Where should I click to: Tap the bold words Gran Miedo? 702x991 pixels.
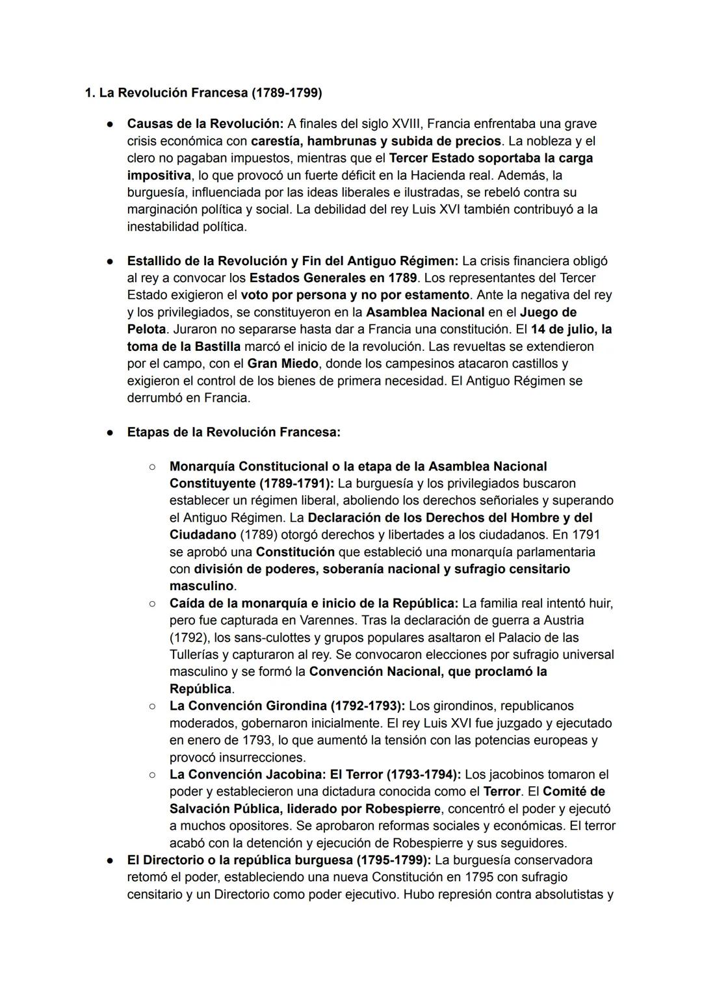pyautogui.click(x=283, y=364)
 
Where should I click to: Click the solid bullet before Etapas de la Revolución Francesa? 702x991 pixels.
pyautogui.click(x=111, y=433)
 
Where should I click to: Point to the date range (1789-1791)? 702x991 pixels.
pyautogui.click(x=296, y=483)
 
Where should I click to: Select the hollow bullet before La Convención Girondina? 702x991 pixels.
pyautogui.click(x=151, y=706)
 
